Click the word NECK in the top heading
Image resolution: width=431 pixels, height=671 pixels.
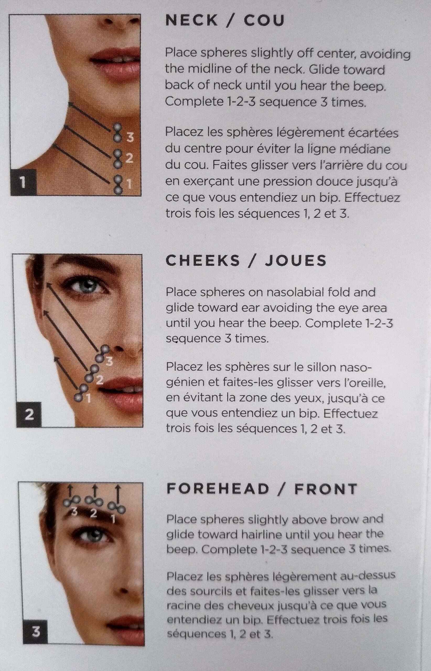[191, 20]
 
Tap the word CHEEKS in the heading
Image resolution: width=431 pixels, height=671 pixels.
[203, 261]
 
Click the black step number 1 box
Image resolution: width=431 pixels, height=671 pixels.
[24, 182]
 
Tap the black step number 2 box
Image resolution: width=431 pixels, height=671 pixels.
[29, 414]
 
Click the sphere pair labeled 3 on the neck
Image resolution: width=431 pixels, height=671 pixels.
[117, 132]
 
